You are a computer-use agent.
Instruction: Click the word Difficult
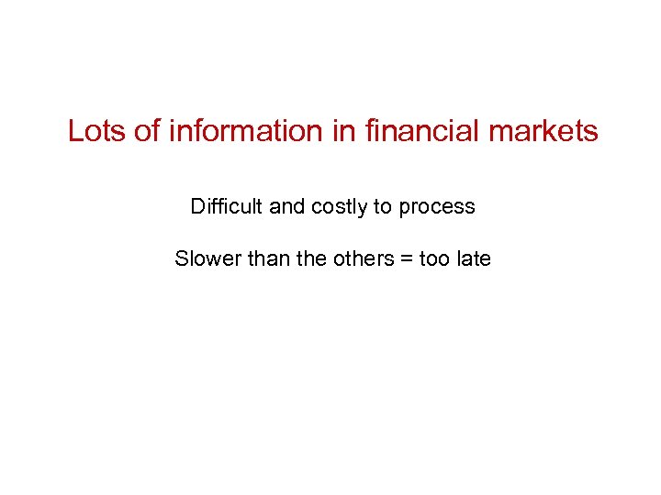tap(227, 206)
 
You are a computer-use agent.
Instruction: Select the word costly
tap(339, 206)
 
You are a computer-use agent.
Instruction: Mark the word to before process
tap(382, 206)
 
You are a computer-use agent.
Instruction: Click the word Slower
tap(205, 258)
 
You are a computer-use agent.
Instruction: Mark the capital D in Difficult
tap(196, 206)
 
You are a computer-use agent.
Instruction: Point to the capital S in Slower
tap(181, 258)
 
